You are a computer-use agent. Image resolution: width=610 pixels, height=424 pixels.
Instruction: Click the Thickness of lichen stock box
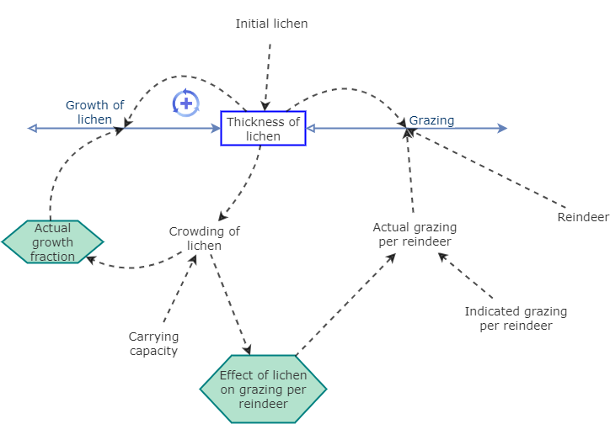(x=263, y=128)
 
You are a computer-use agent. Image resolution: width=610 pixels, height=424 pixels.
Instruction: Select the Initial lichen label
(x=271, y=24)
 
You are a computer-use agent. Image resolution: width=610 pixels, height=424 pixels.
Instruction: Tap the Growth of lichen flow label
(x=94, y=112)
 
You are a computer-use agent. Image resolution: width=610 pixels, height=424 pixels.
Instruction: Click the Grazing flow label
(x=431, y=120)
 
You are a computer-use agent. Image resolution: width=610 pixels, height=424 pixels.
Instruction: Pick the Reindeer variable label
(x=583, y=217)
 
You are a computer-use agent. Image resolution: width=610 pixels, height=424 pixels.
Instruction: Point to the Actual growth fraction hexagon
(x=52, y=242)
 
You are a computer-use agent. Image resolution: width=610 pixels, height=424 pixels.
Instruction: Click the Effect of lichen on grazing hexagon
(x=263, y=389)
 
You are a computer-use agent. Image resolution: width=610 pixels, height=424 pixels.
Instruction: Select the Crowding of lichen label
(x=204, y=238)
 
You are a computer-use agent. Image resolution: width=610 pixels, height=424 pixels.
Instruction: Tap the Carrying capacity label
(x=153, y=343)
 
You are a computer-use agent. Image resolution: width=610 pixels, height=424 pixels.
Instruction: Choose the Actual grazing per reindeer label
(x=415, y=234)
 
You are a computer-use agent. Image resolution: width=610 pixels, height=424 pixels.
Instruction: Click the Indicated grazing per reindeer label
(x=516, y=318)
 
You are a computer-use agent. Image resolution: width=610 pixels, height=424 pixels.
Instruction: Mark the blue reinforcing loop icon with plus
(x=185, y=103)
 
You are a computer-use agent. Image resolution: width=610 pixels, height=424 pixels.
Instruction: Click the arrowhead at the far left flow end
(x=32, y=128)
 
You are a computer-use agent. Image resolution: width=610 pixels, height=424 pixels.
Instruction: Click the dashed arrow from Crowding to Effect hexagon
(x=228, y=303)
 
